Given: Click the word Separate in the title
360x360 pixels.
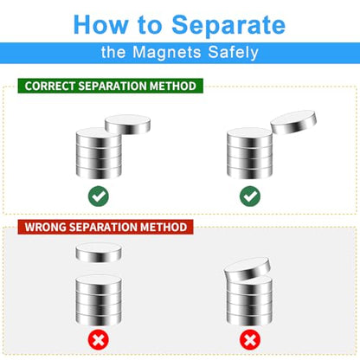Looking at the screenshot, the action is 228,26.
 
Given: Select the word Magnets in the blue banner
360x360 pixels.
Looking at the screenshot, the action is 167,52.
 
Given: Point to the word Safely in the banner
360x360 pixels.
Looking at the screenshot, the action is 233,53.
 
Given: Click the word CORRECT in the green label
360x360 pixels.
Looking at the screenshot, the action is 49,86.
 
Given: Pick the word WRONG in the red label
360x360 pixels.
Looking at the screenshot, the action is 45,227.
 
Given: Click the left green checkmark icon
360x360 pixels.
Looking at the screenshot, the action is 99,196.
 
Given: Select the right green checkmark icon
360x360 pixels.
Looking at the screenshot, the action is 250,196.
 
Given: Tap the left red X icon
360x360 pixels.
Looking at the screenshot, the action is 99,340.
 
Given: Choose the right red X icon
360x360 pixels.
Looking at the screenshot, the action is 250,340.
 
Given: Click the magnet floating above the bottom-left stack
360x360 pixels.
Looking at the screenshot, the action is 99,253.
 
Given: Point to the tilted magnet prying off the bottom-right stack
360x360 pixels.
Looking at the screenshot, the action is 247,269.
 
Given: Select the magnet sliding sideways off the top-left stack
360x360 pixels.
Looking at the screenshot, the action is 127,125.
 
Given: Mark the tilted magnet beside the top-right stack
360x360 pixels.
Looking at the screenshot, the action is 293,122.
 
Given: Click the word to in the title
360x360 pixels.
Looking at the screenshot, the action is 150,25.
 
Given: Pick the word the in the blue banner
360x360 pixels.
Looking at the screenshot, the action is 113,53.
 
